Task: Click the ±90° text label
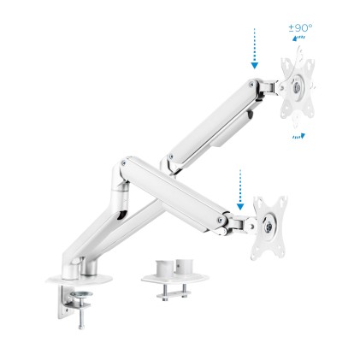click(x=300, y=27)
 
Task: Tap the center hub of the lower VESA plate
click(x=270, y=225)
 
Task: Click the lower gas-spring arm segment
click(x=180, y=193)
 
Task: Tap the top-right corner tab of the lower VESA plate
click(x=283, y=199)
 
